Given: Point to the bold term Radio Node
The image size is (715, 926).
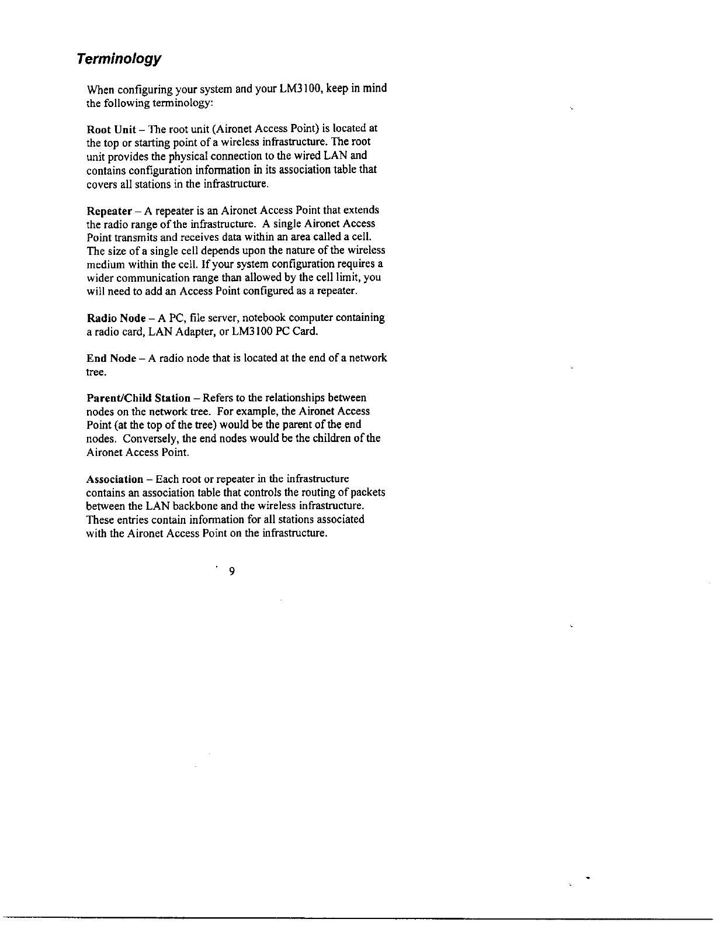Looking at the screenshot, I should pyautogui.click(x=116, y=319).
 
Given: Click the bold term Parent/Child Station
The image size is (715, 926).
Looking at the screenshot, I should pyautogui.click(x=138, y=399).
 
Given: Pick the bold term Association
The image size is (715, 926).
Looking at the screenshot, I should pyautogui.click(x=114, y=479).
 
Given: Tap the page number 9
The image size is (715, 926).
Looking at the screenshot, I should pyautogui.click(x=232, y=571).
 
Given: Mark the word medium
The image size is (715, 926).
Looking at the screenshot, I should pyautogui.click(x=104, y=264).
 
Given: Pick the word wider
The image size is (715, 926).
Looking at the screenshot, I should pyautogui.click(x=99, y=278).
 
